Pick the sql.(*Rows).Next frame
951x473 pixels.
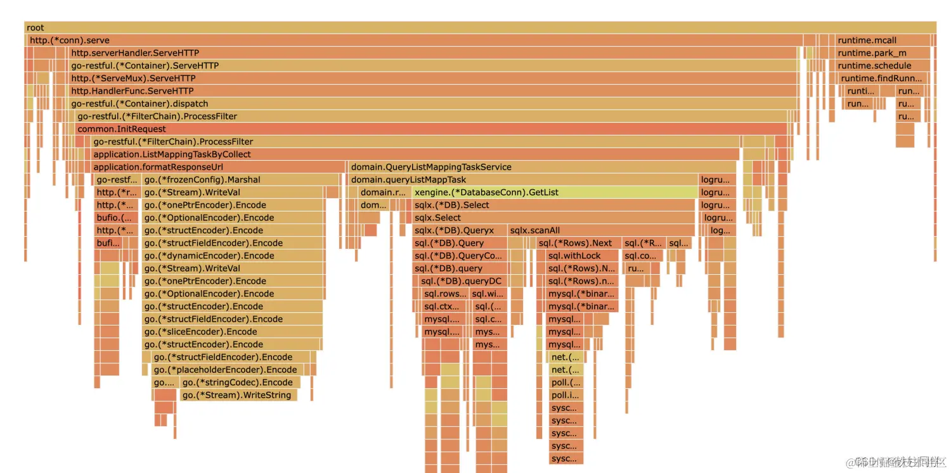pos(577,243)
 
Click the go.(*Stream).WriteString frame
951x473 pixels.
pos(238,395)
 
